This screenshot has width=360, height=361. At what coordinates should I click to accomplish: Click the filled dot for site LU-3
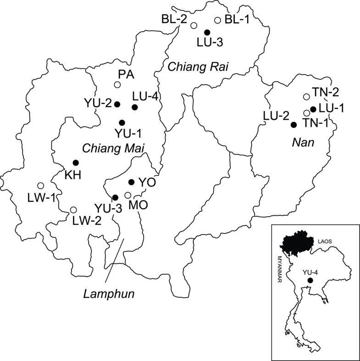coord(207,32)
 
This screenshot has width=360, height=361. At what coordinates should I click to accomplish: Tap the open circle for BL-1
coord(218,20)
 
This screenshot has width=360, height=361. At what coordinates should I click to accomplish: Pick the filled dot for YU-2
coord(117,104)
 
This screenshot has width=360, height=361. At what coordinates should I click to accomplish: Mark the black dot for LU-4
coord(134,107)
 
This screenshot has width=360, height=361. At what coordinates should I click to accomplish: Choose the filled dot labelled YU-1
coord(122,122)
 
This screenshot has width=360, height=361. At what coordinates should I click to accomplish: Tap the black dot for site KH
coord(76,163)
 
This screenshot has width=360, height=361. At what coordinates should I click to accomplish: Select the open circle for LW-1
coord(40,186)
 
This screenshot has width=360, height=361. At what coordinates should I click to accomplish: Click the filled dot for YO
coord(131,182)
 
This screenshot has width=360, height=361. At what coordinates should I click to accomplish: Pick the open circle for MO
coord(127,195)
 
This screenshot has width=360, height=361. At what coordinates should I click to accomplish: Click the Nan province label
coord(300,142)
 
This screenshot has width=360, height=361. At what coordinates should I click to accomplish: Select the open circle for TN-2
coord(306,97)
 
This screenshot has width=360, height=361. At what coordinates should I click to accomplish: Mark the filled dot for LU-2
coord(294,125)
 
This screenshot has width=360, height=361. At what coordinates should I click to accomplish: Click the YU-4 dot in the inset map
coord(310,280)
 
